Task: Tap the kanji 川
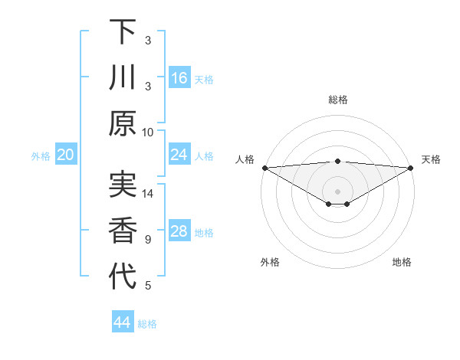click(123, 77)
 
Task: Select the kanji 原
click(123, 123)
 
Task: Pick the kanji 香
click(123, 231)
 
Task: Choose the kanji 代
click(123, 277)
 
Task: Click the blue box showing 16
click(179, 78)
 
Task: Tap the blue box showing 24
click(179, 155)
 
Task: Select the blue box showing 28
click(179, 231)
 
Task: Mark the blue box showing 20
click(65, 155)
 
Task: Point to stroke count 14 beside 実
click(148, 194)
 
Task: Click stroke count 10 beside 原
click(148, 132)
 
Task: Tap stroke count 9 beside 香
click(148, 240)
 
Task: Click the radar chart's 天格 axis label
click(431, 159)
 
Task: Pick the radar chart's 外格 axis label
click(270, 262)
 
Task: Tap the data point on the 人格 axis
click(264, 168)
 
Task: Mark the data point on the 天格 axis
click(411, 168)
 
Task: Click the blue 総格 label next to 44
click(147, 324)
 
